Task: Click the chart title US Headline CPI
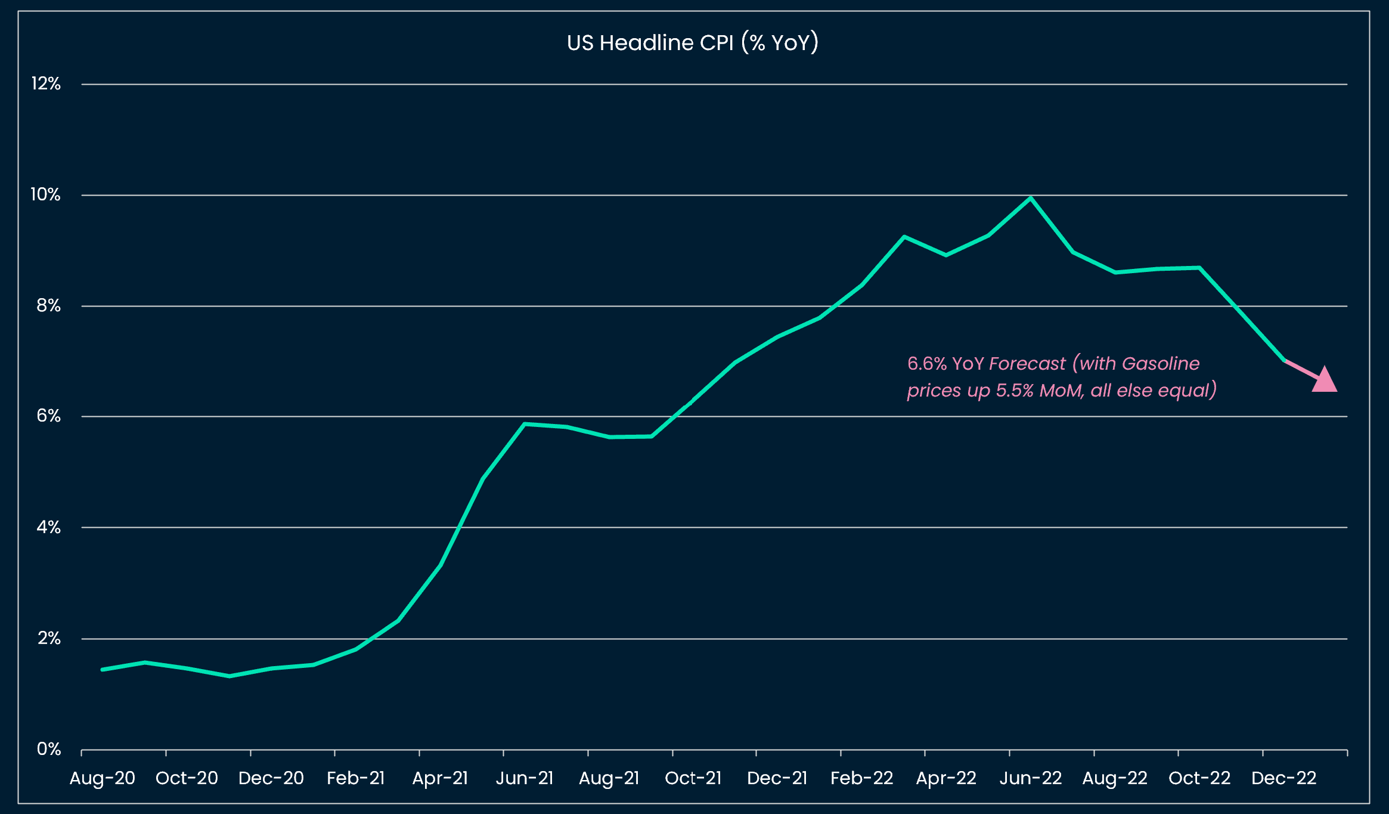pos(692,43)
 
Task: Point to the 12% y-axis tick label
pos(46,83)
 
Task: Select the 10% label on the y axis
pos(46,194)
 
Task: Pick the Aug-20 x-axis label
pos(103,778)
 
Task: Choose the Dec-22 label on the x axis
pos(1283,778)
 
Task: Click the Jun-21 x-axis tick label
pos(525,778)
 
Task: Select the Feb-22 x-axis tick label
pos(861,778)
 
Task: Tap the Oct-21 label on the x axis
pos(693,778)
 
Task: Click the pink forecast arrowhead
pos(1325,381)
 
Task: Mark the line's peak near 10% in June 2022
pos(1031,198)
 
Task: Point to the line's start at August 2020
pos(103,669)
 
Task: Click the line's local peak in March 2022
pos(904,237)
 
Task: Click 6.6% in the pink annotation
pos(926,363)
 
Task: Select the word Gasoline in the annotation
pos(1160,363)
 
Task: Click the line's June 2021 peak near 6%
pos(524,424)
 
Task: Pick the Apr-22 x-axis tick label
pos(946,778)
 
